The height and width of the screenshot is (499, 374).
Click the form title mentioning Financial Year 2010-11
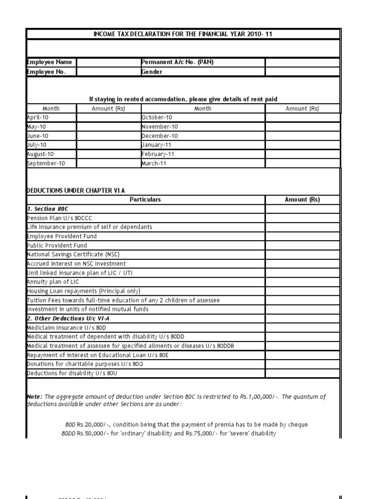(183, 34)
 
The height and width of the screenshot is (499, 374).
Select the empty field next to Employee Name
(108, 62)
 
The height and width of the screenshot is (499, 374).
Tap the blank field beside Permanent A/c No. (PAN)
(302, 62)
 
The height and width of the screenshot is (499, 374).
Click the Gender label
(152, 72)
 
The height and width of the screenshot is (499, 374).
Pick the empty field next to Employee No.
(108, 72)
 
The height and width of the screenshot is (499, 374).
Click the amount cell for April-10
(108, 117)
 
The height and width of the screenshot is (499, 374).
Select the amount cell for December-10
(302, 136)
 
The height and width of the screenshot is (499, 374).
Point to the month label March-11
(154, 163)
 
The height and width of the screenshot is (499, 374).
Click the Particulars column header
(145, 200)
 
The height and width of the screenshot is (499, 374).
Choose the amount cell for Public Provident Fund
(302, 246)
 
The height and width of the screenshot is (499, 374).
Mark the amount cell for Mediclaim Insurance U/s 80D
(302, 328)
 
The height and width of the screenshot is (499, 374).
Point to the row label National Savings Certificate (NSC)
(73, 254)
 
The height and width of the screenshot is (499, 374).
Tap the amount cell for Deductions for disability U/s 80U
(302, 374)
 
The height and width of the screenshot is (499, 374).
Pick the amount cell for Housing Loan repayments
(302, 291)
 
